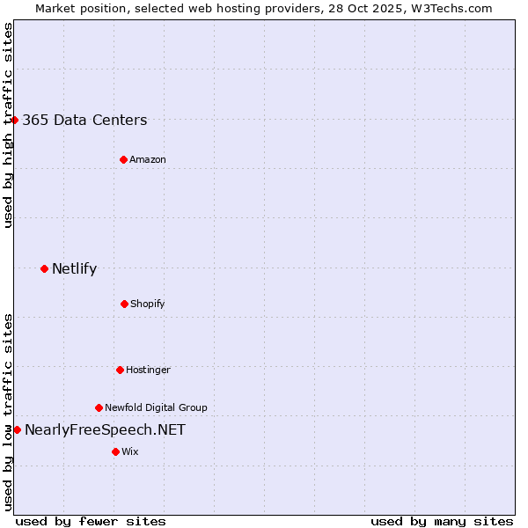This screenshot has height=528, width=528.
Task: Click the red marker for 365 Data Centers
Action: pos(15,120)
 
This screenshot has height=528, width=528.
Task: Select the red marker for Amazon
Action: pos(123,159)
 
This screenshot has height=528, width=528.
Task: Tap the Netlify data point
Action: pos(44,268)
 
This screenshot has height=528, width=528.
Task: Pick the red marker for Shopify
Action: pos(124,304)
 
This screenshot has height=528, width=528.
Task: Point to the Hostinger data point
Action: pos(120,370)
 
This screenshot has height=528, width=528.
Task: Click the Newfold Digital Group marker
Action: pos(99,407)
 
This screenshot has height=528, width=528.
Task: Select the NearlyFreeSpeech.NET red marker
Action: pos(17,429)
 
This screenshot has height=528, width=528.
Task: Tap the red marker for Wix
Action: pos(115,451)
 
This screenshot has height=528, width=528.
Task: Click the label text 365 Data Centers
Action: pos(84,121)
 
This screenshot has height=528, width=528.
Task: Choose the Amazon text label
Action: pos(148,159)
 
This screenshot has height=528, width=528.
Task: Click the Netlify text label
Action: pos(74,269)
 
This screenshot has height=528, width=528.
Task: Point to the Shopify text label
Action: pos(148,304)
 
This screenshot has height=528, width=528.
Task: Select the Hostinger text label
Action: pos(148,370)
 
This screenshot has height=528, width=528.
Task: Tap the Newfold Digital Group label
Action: pos(156,407)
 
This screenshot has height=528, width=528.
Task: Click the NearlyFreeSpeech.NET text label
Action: pos(105,430)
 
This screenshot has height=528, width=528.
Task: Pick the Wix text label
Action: pos(130,451)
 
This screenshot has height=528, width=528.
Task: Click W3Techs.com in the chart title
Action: pos(450,8)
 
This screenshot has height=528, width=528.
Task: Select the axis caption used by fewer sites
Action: pos(91,521)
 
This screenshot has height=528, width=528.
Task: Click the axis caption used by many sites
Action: pos(442,521)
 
